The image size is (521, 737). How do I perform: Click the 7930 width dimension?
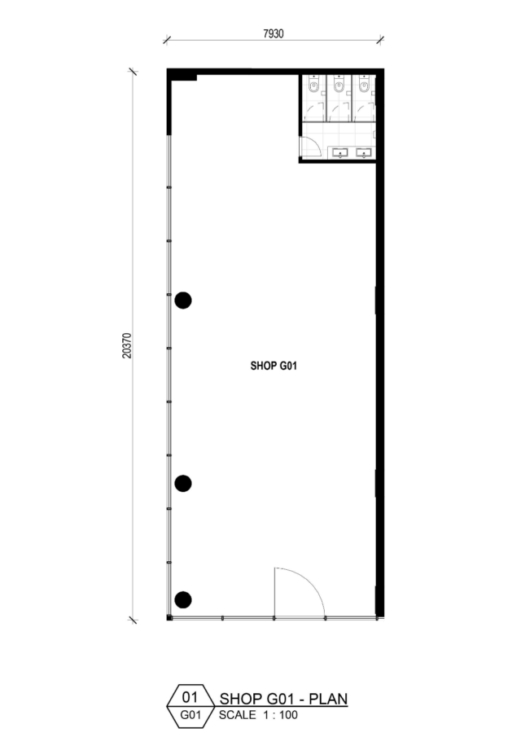pyautogui.click(x=273, y=34)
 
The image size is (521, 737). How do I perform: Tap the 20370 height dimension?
pyautogui.click(x=127, y=345)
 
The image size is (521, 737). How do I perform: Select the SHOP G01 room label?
pyautogui.click(x=274, y=366)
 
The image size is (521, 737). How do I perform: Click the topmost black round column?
pyautogui.click(x=182, y=301)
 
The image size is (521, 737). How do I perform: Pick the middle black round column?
pyautogui.click(x=182, y=483)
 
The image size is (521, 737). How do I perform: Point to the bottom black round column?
pyautogui.click(x=182, y=599)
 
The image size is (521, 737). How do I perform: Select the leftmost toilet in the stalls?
pyautogui.click(x=314, y=85)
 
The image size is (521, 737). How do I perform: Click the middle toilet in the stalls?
pyautogui.click(x=339, y=85)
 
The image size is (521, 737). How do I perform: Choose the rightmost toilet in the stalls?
pyautogui.click(x=364, y=85)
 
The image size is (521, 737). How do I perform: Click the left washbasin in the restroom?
pyautogui.click(x=339, y=152)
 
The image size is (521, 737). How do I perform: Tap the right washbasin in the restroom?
pyautogui.click(x=364, y=152)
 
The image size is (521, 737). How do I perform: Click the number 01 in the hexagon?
pyautogui.click(x=190, y=696)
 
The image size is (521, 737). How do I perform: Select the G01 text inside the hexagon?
pyautogui.click(x=190, y=715)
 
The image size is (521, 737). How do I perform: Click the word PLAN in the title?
pyautogui.click(x=328, y=699)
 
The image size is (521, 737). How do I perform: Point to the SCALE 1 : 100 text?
pyautogui.click(x=258, y=715)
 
